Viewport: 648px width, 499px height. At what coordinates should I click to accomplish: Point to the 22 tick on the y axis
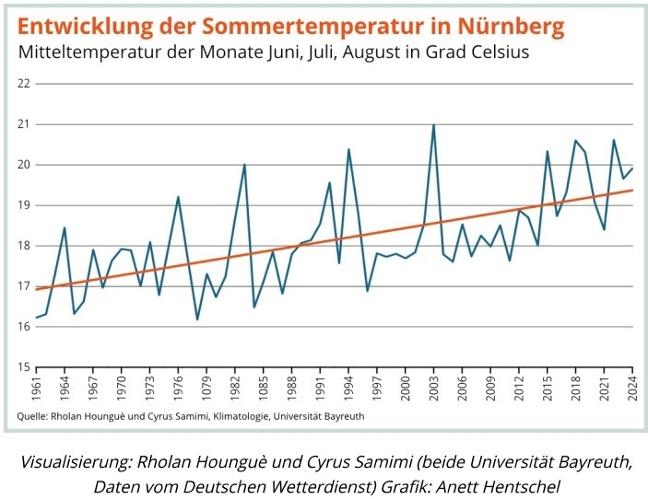[24, 84]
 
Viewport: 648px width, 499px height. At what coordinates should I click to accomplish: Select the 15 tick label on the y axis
[24, 367]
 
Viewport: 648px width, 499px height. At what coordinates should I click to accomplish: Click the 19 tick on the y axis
[24, 205]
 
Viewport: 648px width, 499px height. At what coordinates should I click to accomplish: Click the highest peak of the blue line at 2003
[433, 125]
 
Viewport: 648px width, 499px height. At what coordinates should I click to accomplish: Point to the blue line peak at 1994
[348, 149]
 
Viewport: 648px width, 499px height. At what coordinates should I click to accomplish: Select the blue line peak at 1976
[178, 197]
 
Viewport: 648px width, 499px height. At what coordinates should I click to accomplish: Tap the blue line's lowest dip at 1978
[197, 319]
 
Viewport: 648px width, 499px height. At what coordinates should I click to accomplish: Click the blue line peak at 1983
[244, 165]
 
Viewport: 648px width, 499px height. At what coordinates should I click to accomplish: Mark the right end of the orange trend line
[631, 191]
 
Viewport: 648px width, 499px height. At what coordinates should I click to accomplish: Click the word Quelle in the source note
[33, 416]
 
